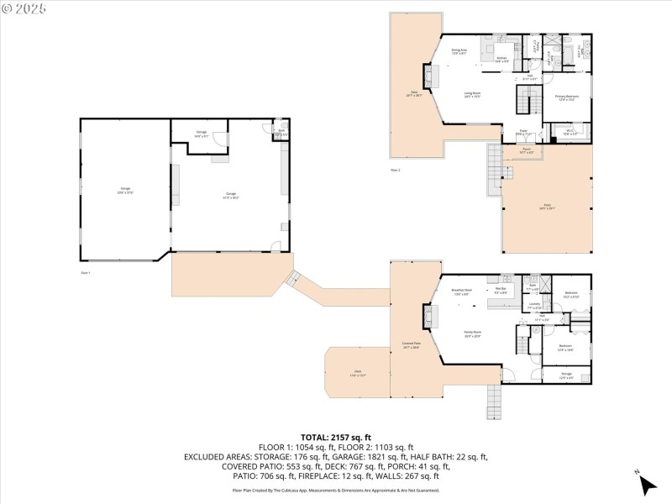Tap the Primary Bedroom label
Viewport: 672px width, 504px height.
(567, 98)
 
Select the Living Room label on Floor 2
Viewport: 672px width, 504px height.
(473, 95)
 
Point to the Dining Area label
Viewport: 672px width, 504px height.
(459, 52)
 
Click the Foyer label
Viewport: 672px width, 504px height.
(522, 134)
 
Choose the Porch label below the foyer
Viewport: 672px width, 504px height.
(524, 153)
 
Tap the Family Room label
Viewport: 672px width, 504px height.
(473, 333)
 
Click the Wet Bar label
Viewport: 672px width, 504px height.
(501, 291)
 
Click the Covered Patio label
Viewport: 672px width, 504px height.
(411, 344)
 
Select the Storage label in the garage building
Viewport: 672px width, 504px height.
(202, 133)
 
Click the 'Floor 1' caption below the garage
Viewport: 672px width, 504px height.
(85, 273)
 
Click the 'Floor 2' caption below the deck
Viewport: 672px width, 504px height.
(395, 171)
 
